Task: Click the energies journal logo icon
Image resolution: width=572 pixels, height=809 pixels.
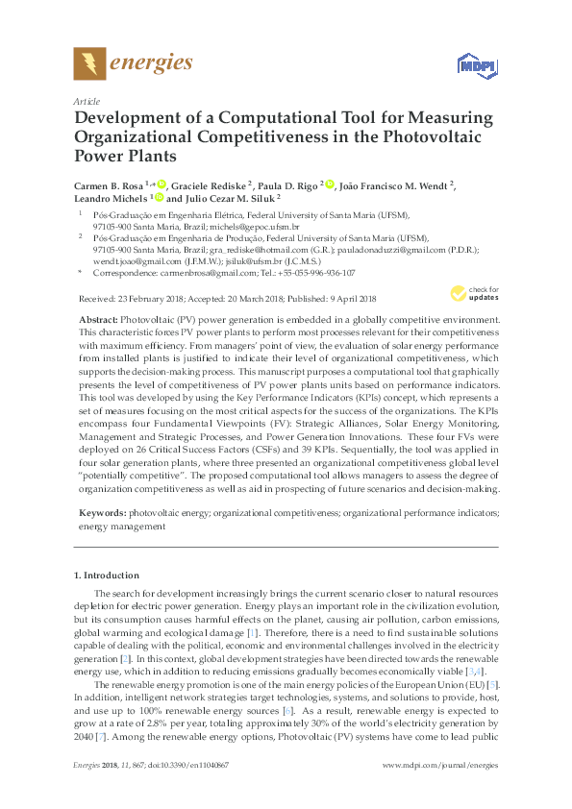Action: click(89, 64)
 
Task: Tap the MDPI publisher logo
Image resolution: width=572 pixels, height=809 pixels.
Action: click(469, 65)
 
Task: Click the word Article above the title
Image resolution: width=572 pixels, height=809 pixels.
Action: click(84, 100)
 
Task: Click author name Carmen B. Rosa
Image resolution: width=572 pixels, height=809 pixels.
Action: click(110, 184)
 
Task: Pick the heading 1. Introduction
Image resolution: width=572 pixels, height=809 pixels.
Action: click(107, 576)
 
